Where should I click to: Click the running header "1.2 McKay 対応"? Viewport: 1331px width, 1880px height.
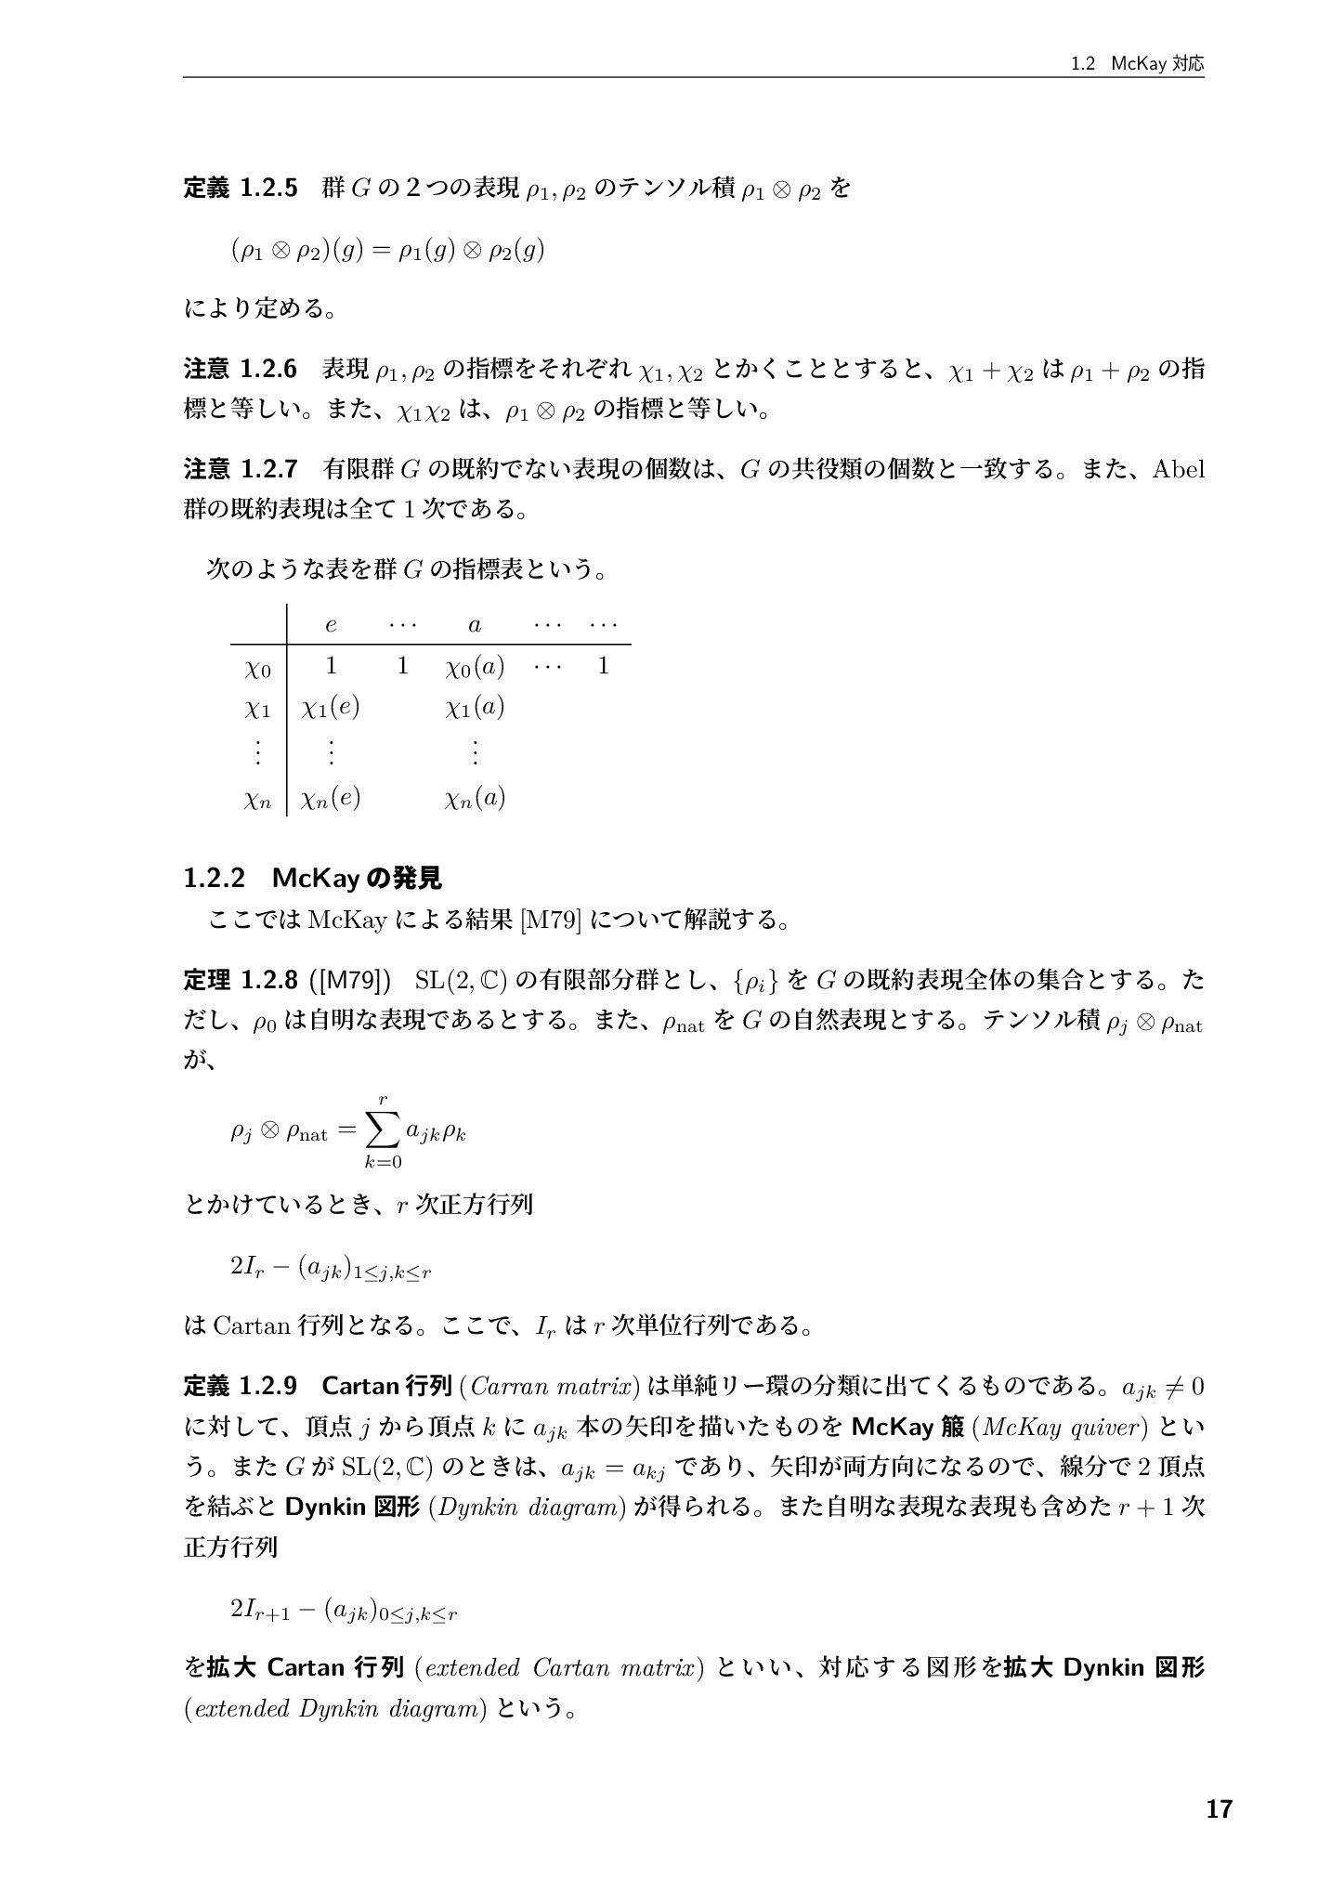[1136, 64]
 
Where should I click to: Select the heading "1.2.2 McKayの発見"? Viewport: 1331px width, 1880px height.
[312, 878]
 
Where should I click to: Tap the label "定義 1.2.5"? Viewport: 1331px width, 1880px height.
[240, 189]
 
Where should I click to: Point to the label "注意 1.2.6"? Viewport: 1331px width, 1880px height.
[240, 370]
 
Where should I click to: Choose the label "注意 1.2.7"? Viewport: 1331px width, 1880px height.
[240, 468]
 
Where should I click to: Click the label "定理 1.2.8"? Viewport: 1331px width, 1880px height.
[240, 980]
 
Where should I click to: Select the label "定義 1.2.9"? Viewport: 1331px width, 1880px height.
[240, 1386]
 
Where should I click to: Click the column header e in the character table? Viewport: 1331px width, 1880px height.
[331, 625]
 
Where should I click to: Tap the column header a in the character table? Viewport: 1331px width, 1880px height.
[475, 625]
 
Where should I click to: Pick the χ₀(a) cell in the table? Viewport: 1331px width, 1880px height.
[475, 667]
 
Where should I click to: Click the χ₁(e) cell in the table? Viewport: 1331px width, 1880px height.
[331, 708]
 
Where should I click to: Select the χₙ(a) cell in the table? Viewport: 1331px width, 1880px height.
[475, 798]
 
